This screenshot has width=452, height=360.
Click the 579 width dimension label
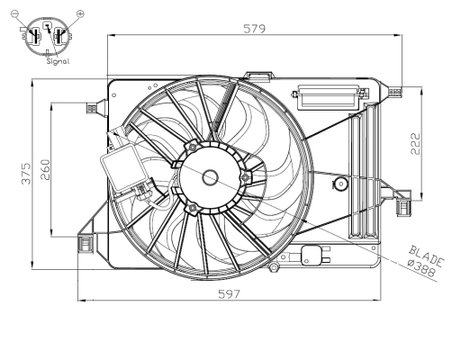click(254, 29)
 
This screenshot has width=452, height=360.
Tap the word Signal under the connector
click(58, 62)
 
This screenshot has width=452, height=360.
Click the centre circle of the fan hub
click(211, 177)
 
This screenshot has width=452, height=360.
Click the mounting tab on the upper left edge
click(95, 103)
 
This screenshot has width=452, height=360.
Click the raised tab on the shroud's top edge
click(262, 76)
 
